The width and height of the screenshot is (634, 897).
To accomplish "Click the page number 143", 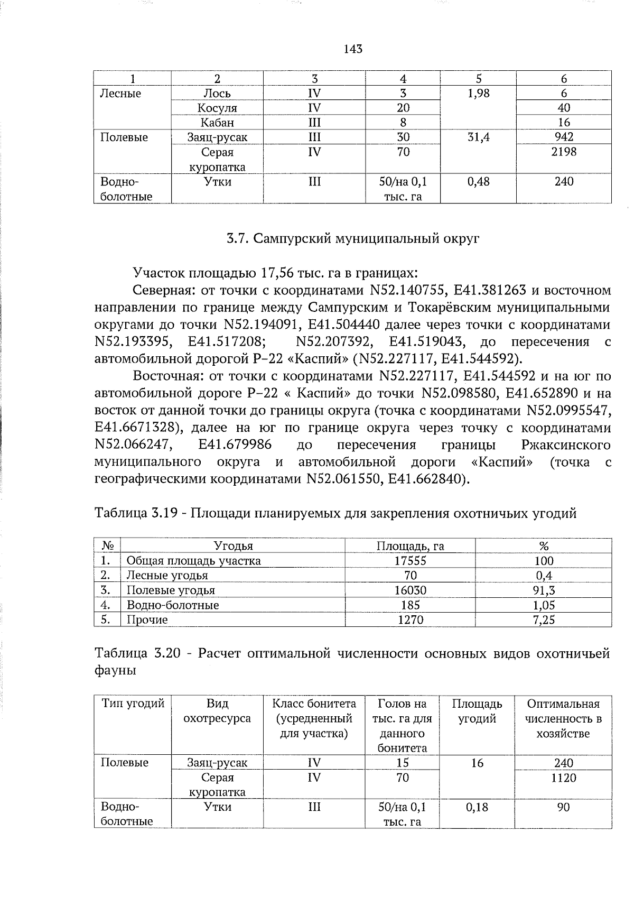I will [353, 49].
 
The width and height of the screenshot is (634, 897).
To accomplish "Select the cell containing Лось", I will [217, 94].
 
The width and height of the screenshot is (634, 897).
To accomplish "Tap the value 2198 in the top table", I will [563, 152].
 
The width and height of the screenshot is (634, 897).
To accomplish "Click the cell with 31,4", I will [478, 137].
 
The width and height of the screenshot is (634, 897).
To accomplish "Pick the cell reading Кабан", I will [217, 123].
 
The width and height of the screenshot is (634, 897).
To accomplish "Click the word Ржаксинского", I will [565, 445].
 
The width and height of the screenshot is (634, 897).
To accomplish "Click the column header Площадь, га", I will [410, 546].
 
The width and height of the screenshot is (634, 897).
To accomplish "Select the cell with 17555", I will [410, 561].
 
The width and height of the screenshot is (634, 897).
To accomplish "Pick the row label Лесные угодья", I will [167, 576].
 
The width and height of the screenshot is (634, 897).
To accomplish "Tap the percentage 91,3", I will [544, 590].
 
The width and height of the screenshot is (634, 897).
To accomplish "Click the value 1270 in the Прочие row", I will [410, 620].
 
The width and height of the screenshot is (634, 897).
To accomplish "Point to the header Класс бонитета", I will [314, 704].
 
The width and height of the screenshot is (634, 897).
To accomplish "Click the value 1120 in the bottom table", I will [563, 778].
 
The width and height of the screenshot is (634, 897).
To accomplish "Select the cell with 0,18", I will [478, 807].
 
